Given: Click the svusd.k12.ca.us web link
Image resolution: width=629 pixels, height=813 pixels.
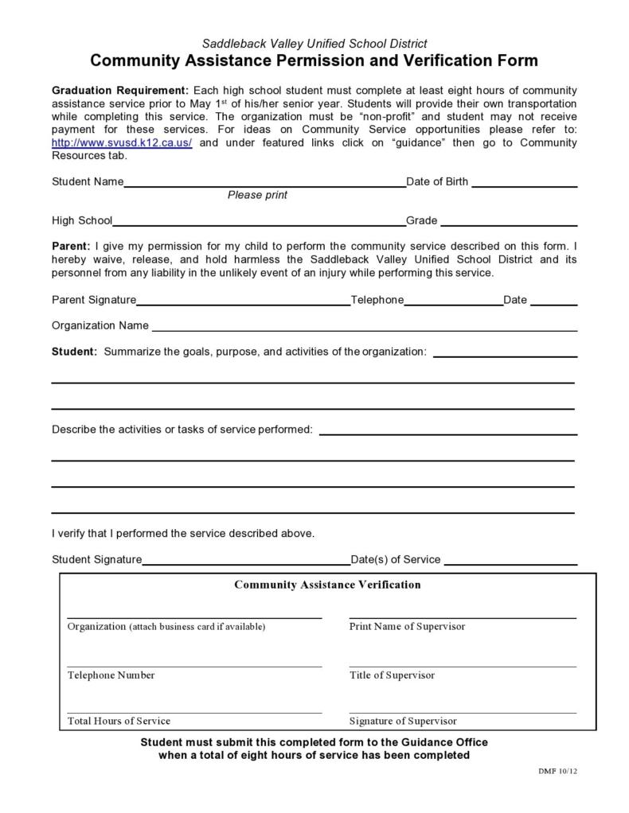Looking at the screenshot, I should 122,142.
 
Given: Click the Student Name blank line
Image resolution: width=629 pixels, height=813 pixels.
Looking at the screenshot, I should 264,184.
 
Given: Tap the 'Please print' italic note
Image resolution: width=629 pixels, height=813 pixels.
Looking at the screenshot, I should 257,195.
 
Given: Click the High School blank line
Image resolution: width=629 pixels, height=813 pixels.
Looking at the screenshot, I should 259,223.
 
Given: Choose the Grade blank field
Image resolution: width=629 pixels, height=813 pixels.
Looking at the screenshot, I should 509,223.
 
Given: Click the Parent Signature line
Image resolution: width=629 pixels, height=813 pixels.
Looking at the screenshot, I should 243,302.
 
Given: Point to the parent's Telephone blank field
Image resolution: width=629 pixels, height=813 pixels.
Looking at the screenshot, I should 453,302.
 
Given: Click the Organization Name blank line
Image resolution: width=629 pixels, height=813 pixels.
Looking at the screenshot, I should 364,328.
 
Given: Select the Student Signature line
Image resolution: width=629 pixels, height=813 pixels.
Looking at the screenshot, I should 246,562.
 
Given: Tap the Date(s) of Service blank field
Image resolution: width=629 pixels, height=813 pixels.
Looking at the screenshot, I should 510,562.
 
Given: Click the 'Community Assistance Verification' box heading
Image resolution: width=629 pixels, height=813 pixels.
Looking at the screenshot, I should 327,585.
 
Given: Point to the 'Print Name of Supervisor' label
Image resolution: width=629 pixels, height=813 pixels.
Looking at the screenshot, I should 407,627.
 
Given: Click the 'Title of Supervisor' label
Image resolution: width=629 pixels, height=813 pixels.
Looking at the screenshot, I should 392,675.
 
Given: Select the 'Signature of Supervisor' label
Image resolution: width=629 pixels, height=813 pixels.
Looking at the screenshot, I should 403,722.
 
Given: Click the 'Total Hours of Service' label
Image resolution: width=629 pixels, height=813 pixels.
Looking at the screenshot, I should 119,722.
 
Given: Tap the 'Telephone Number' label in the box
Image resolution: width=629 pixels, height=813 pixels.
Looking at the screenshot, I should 111,675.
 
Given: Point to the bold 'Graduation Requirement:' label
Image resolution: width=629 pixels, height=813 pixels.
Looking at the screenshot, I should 120,91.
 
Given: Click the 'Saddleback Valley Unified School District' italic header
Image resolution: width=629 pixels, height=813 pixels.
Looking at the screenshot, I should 314,44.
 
